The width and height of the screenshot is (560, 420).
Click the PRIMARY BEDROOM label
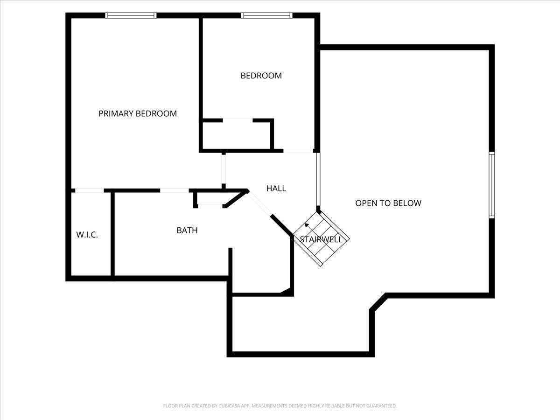pos(138,113)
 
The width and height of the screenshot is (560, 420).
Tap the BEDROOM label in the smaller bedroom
pos(261,76)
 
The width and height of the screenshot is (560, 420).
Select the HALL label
pos(276,188)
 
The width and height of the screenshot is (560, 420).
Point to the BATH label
pos(187,230)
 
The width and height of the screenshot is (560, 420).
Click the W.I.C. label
pos(87,235)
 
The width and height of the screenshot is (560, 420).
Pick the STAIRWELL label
pos(321,239)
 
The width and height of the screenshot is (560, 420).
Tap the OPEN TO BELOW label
pos(388,203)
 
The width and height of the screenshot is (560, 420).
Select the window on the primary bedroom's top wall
pos(131,15)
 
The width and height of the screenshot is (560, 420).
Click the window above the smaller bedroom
pos(266,15)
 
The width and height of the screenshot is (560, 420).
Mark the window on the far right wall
pos(491,185)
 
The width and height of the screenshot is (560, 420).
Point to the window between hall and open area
pos(318,179)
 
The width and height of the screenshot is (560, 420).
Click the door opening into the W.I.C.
pos(90,190)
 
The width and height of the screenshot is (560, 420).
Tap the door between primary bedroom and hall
pos(224,169)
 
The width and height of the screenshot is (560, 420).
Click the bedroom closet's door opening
pos(238,120)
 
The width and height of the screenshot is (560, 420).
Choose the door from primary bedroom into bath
pos(174,190)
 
